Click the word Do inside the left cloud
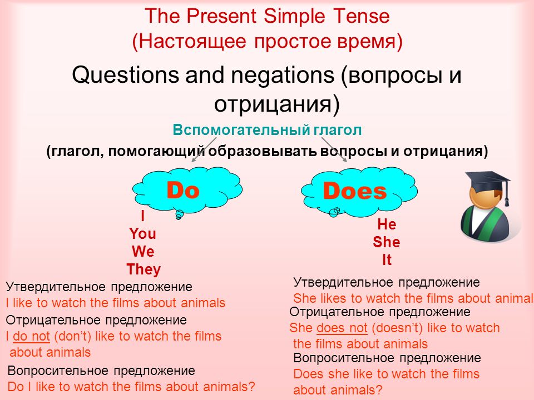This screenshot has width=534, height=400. [x=183, y=190]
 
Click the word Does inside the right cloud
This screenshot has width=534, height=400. [x=354, y=191]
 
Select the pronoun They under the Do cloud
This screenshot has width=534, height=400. [x=144, y=269]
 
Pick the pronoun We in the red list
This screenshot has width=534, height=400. [x=143, y=252]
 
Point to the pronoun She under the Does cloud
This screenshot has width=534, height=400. [x=386, y=242]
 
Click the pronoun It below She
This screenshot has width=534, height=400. [x=387, y=260]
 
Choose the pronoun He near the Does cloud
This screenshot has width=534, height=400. [x=387, y=224]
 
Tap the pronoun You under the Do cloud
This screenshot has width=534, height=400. [x=143, y=234]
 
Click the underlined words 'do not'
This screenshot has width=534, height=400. [x=31, y=337]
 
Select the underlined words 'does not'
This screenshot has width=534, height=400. [x=342, y=328]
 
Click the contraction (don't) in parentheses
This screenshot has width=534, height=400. [x=72, y=337]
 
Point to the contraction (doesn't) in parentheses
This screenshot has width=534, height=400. [x=397, y=328]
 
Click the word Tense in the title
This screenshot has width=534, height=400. [x=362, y=16]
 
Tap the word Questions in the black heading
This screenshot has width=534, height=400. [x=125, y=74]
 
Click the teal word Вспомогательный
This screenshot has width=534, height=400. [x=241, y=130]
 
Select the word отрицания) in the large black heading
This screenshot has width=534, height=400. [x=277, y=104]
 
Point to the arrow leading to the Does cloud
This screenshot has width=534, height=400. [x=334, y=149]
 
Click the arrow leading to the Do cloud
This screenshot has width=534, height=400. [x=204, y=149]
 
